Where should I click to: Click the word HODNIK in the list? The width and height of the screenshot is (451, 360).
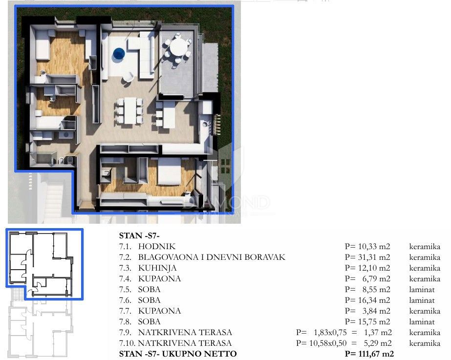(x=156, y=247)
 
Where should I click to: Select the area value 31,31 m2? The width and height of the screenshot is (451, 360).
(x=367, y=257)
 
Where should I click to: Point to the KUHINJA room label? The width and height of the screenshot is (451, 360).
(x=157, y=268)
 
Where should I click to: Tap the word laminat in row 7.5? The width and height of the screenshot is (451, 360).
(x=422, y=290)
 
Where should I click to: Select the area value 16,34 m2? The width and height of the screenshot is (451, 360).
(x=367, y=300)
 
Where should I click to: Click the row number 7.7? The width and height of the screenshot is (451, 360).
(x=126, y=311)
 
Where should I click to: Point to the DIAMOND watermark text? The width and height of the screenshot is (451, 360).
(x=226, y=202)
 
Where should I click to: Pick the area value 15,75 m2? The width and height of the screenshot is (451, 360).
(x=367, y=322)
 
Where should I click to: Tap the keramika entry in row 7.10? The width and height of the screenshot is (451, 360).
(x=425, y=343)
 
